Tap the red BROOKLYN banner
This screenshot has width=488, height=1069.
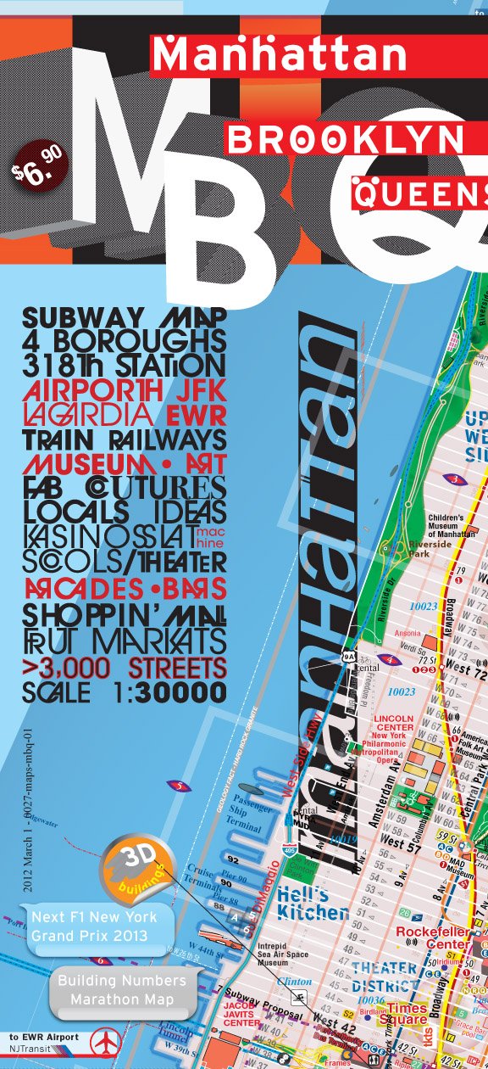[347, 139]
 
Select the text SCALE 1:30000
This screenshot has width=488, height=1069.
[125, 692]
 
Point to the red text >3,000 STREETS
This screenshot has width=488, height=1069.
[125, 667]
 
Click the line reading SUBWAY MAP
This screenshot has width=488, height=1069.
[125, 318]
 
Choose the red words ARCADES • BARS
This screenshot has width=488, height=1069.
[125, 588]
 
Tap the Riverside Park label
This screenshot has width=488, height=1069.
[430, 548]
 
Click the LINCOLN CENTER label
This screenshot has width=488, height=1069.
[392, 723]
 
